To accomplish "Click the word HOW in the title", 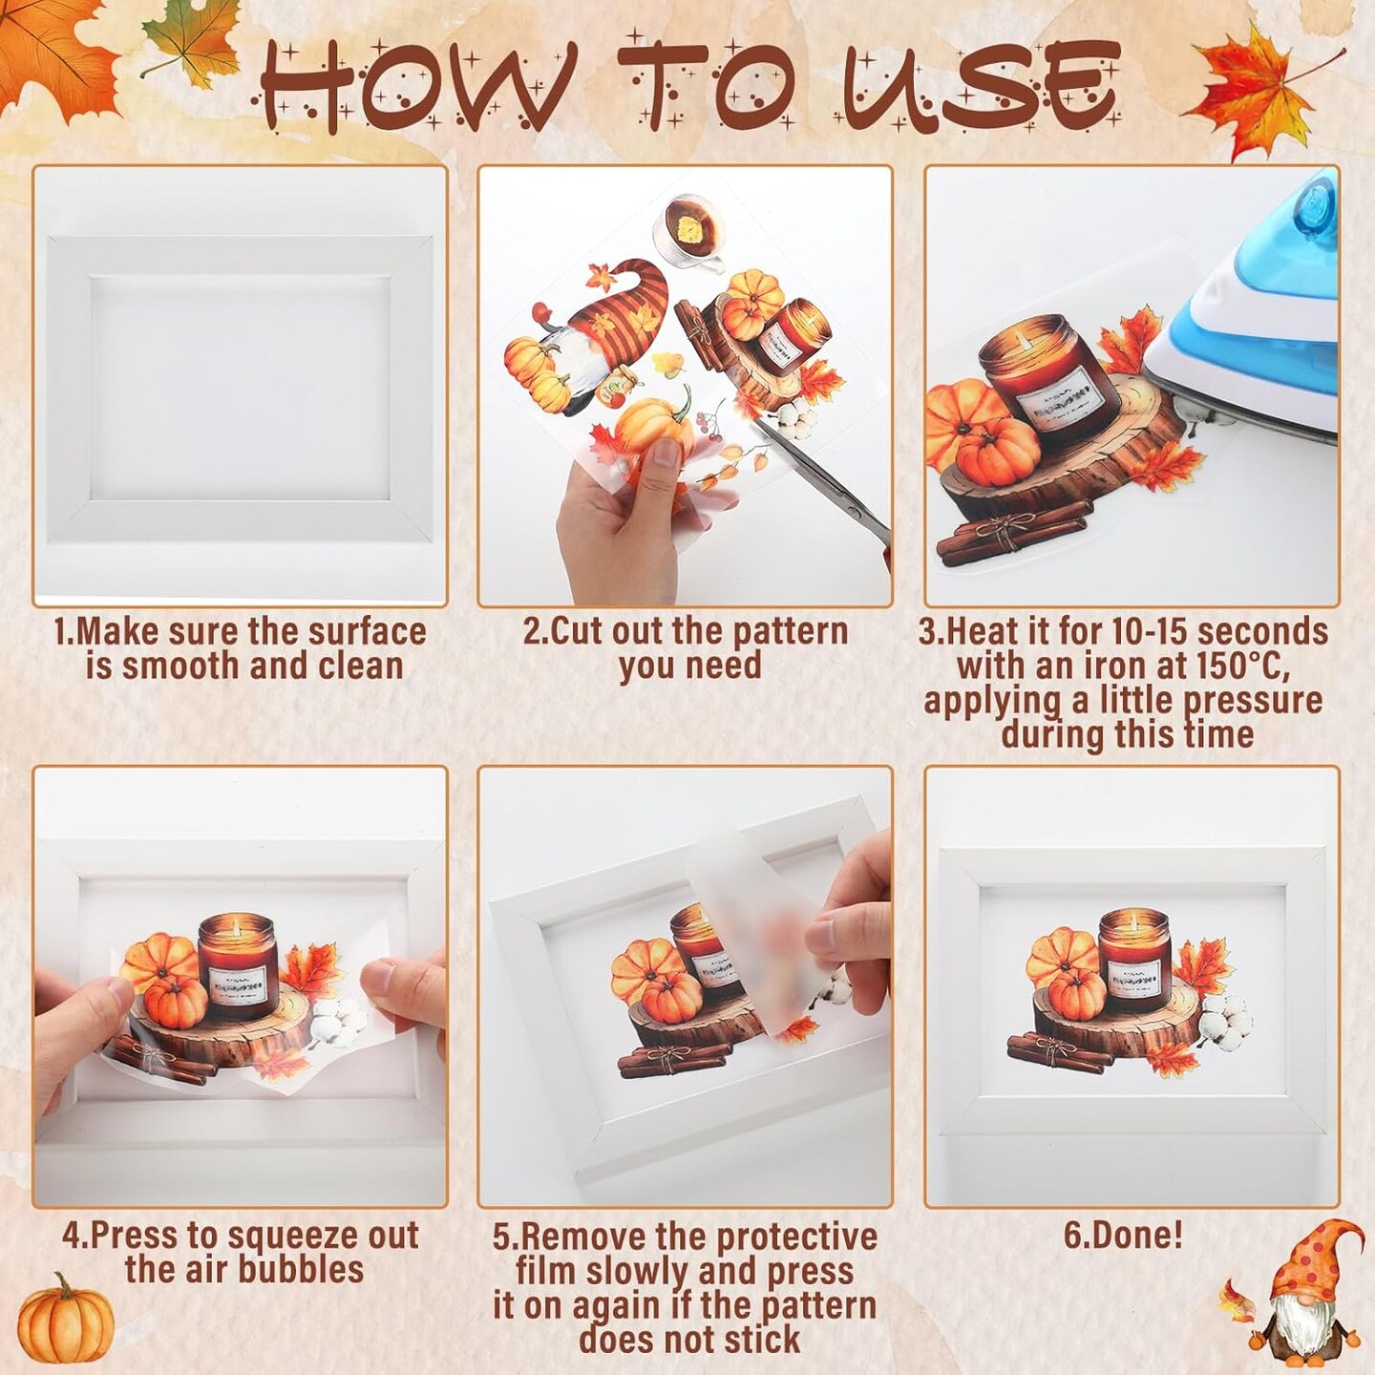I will (411, 88).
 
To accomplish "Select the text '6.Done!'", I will (1123, 1235).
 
